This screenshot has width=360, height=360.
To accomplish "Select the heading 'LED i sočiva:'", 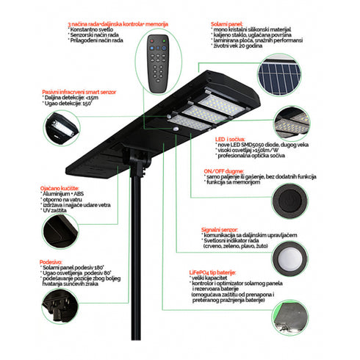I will point(228,137).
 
